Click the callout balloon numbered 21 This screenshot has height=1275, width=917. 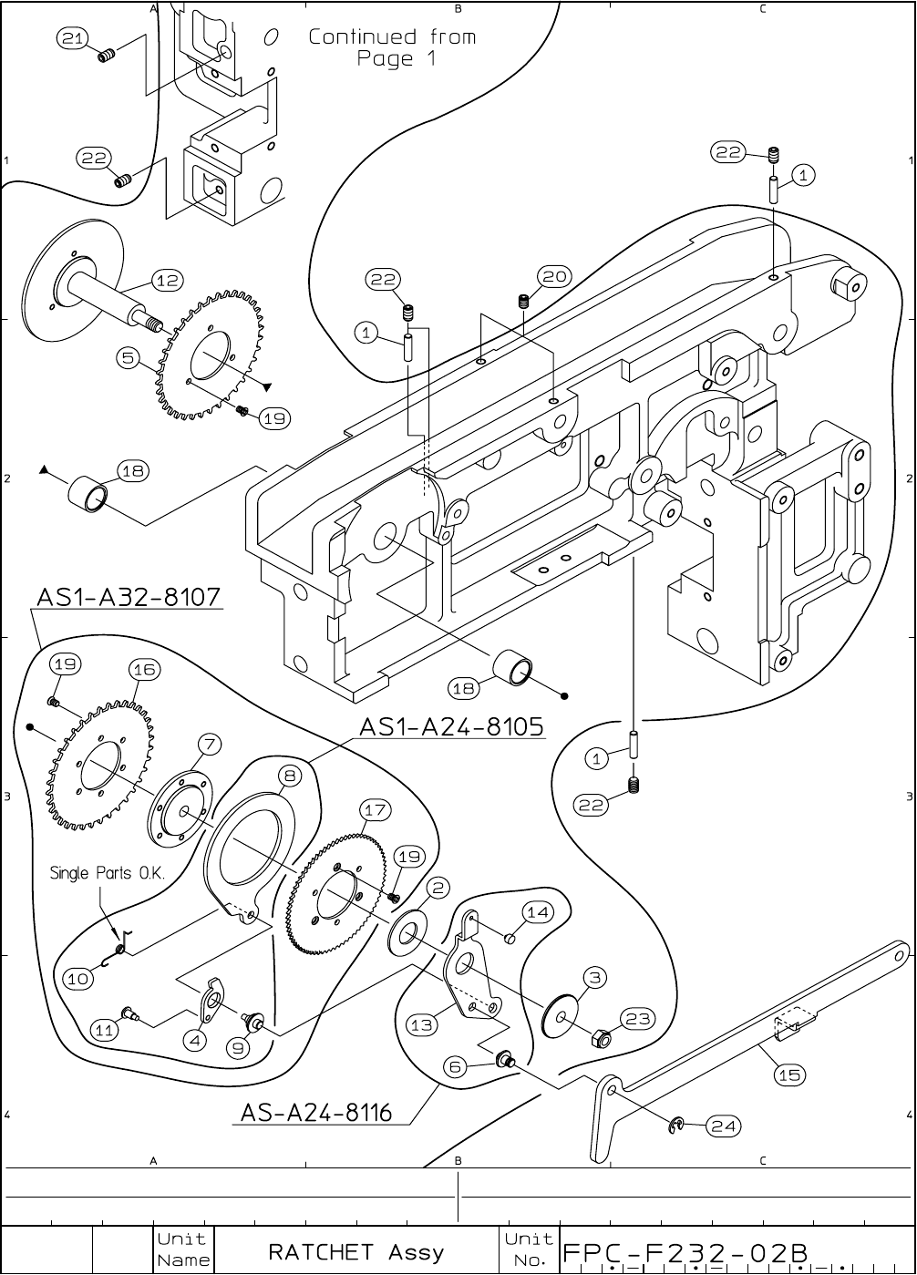(x=72, y=38)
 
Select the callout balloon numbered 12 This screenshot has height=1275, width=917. (x=168, y=280)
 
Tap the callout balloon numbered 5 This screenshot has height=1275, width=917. (x=129, y=358)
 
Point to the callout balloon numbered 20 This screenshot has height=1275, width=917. (x=554, y=277)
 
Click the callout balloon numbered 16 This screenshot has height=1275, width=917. (x=145, y=669)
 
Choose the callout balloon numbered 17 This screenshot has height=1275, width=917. (x=376, y=809)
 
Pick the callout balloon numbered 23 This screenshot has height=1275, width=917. (x=637, y=1018)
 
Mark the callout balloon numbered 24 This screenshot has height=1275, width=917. (x=724, y=1126)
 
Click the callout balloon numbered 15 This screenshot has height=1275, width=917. (x=789, y=1074)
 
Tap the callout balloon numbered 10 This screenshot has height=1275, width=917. (x=78, y=979)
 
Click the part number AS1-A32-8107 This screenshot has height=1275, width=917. (x=129, y=597)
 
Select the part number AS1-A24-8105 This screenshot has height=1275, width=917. (x=451, y=726)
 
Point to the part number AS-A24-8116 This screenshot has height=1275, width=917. (x=316, y=1112)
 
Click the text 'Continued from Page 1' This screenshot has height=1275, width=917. (x=393, y=47)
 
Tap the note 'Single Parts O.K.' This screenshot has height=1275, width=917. (x=108, y=872)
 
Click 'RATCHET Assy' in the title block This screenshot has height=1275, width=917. (x=355, y=1251)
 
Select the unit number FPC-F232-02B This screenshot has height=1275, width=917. (x=685, y=1253)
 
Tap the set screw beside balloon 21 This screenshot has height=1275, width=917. (x=106, y=56)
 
